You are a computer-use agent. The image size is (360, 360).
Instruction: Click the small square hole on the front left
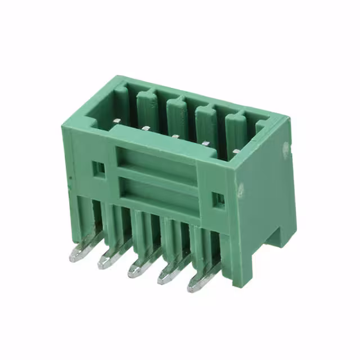[98, 168]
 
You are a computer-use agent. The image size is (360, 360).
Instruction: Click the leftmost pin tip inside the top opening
[116, 120]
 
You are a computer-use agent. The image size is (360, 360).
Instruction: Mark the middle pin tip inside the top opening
[175, 136]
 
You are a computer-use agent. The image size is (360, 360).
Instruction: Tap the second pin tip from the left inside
[145, 128]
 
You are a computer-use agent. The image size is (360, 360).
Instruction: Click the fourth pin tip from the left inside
[205, 143]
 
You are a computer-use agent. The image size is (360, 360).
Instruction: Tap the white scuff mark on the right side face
[241, 190]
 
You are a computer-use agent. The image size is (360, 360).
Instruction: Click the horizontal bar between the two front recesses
[157, 175]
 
